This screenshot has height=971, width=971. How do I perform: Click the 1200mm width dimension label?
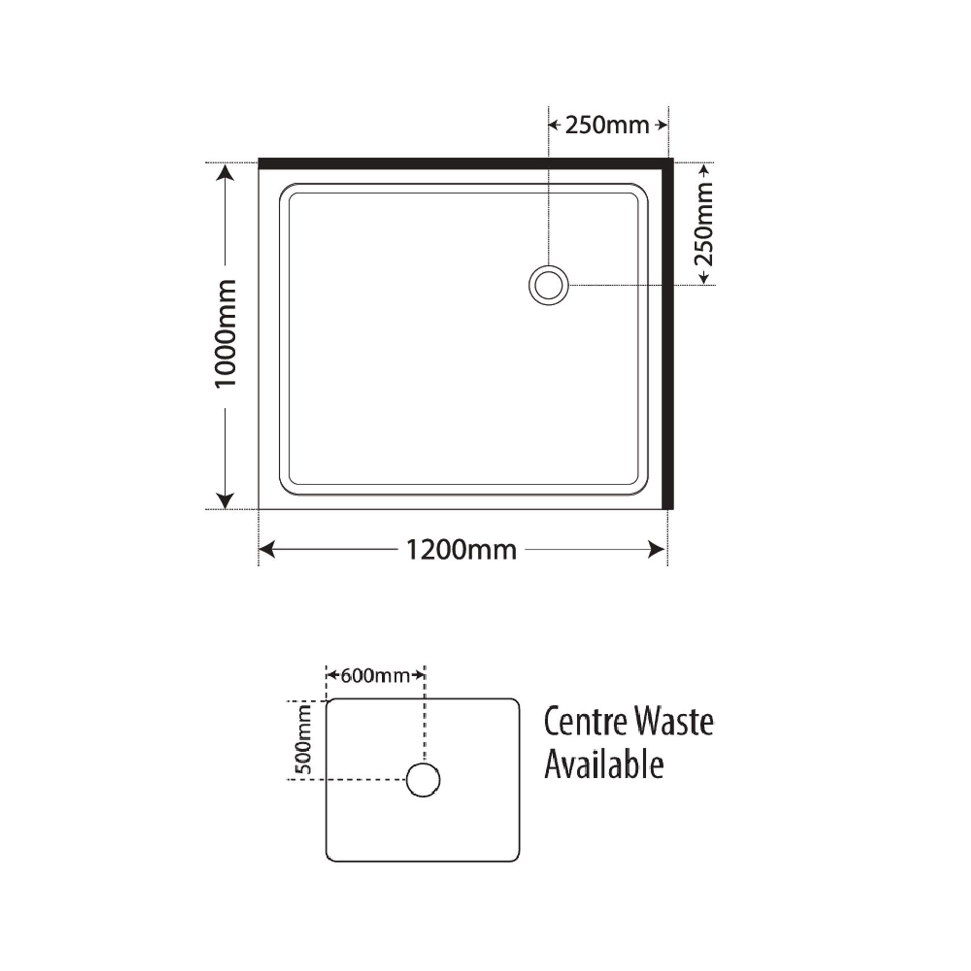point(461,549)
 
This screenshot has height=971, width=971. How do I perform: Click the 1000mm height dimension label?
point(226,334)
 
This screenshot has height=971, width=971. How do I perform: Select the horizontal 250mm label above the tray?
point(607,125)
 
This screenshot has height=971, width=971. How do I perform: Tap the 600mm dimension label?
point(375,676)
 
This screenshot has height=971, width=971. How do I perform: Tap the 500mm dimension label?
point(304,739)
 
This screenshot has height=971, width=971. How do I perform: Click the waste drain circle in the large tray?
point(548,285)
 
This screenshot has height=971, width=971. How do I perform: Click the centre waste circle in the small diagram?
point(423,780)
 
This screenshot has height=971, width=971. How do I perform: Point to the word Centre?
point(585,722)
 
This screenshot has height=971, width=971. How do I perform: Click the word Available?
point(604,766)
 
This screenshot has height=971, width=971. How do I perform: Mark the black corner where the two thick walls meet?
point(667,163)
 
